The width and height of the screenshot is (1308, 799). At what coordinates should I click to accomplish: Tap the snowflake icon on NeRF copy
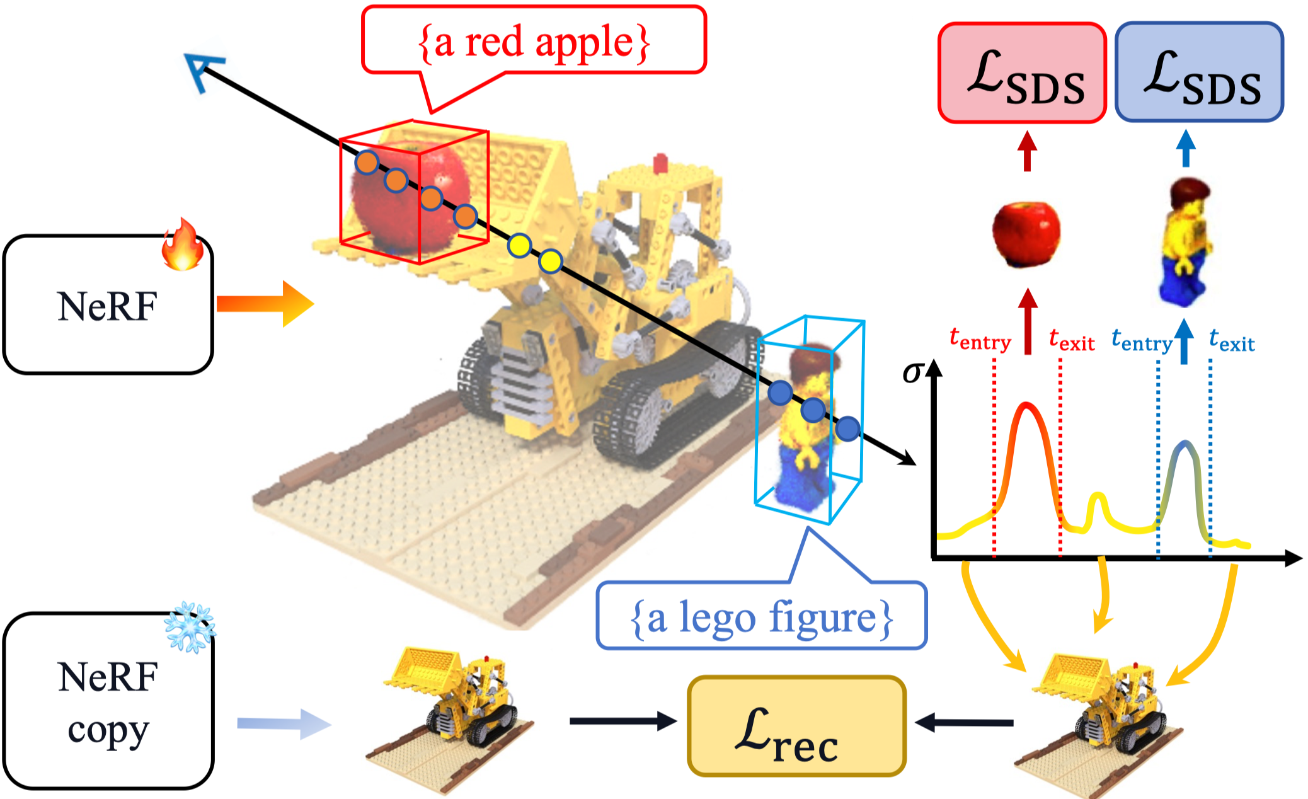click(x=190, y=627)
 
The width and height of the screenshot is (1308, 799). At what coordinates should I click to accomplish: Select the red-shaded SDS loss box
click(x=1022, y=73)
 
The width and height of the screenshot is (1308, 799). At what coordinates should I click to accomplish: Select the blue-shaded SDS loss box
click(x=1200, y=72)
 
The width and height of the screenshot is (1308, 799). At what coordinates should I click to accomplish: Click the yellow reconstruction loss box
click(x=796, y=726)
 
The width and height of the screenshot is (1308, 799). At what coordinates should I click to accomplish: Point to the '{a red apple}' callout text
click(x=534, y=43)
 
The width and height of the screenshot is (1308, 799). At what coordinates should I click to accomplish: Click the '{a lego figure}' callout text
click(x=762, y=618)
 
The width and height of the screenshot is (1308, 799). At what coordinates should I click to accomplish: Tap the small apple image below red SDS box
click(x=1026, y=234)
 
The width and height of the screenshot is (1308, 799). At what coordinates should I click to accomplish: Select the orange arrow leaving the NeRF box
click(x=265, y=304)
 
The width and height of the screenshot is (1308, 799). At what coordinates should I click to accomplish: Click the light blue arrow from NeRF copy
click(x=284, y=724)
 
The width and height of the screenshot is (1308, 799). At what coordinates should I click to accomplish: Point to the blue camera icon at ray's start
click(x=203, y=71)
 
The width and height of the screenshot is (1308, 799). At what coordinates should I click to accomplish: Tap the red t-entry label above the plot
click(x=980, y=340)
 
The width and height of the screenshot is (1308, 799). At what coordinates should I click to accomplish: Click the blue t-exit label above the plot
click(x=1232, y=341)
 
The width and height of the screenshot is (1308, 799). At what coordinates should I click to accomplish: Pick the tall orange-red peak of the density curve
click(x=1028, y=406)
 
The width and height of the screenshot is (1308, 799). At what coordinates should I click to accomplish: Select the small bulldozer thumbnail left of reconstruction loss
click(x=450, y=718)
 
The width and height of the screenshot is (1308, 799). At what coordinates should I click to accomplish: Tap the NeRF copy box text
click(x=108, y=703)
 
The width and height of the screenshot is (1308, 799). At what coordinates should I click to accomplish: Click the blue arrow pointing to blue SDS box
click(x=1186, y=148)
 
